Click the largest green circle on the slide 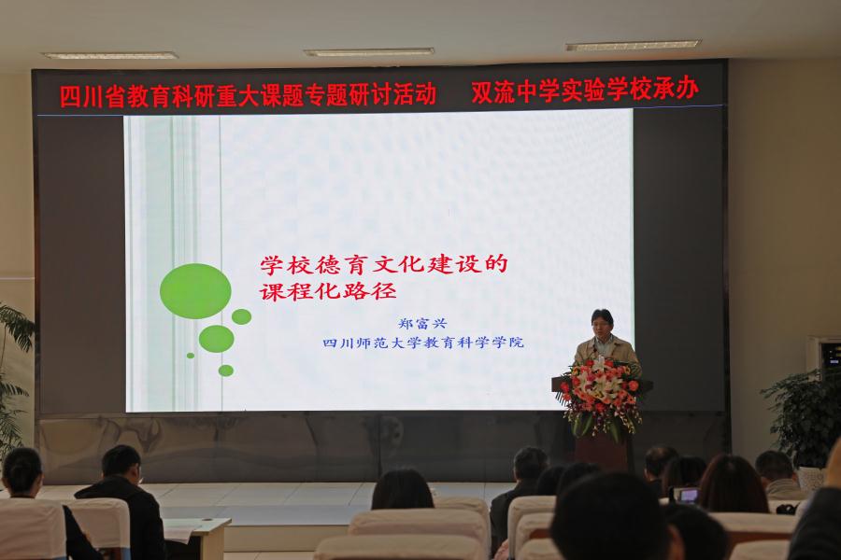point(195,291)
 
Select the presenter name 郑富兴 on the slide point(422,324)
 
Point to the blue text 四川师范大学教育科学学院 point(423,343)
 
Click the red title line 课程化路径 point(328,291)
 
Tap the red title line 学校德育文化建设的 point(384,265)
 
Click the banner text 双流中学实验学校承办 point(585,91)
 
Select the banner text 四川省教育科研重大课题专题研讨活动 point(248,95)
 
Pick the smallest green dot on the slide point(191,356)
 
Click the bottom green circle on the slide point(226,371)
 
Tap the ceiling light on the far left point(110,55)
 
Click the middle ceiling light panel point(369,52)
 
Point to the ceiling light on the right point(634,46)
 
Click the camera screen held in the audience point(687,496)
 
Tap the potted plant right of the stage point(800,415)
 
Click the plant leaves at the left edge point(14,375)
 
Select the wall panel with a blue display point(823,355)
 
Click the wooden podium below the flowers point(602,446)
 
